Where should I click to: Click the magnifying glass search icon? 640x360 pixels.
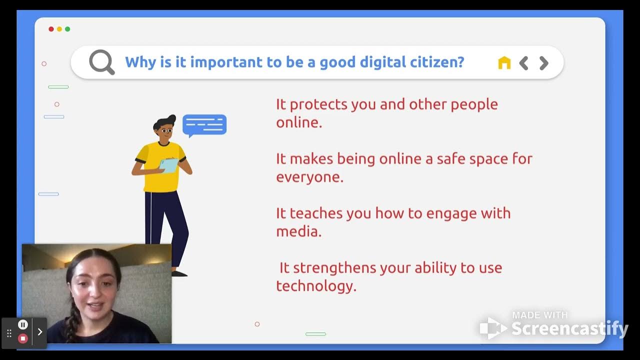coord(101,62)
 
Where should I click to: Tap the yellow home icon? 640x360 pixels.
coord(504,62)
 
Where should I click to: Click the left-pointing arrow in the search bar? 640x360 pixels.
coord(523,63)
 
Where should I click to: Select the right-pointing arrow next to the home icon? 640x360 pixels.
coord(544,63)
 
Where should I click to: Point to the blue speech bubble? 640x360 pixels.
coord(204,125)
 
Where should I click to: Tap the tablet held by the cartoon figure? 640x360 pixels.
coord(169,165)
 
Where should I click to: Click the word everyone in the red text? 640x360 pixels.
coord(309,177)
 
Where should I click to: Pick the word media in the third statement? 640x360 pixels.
coord(298,231)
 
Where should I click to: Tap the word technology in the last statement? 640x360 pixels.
coord(316,285)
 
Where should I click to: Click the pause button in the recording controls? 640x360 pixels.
coord(22,324)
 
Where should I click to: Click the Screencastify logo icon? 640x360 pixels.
coord(493,328)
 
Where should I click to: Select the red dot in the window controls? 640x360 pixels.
coord(51,29)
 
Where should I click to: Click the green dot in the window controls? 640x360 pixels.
coord(67,29)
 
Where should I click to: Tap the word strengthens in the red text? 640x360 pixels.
coord(334,267)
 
